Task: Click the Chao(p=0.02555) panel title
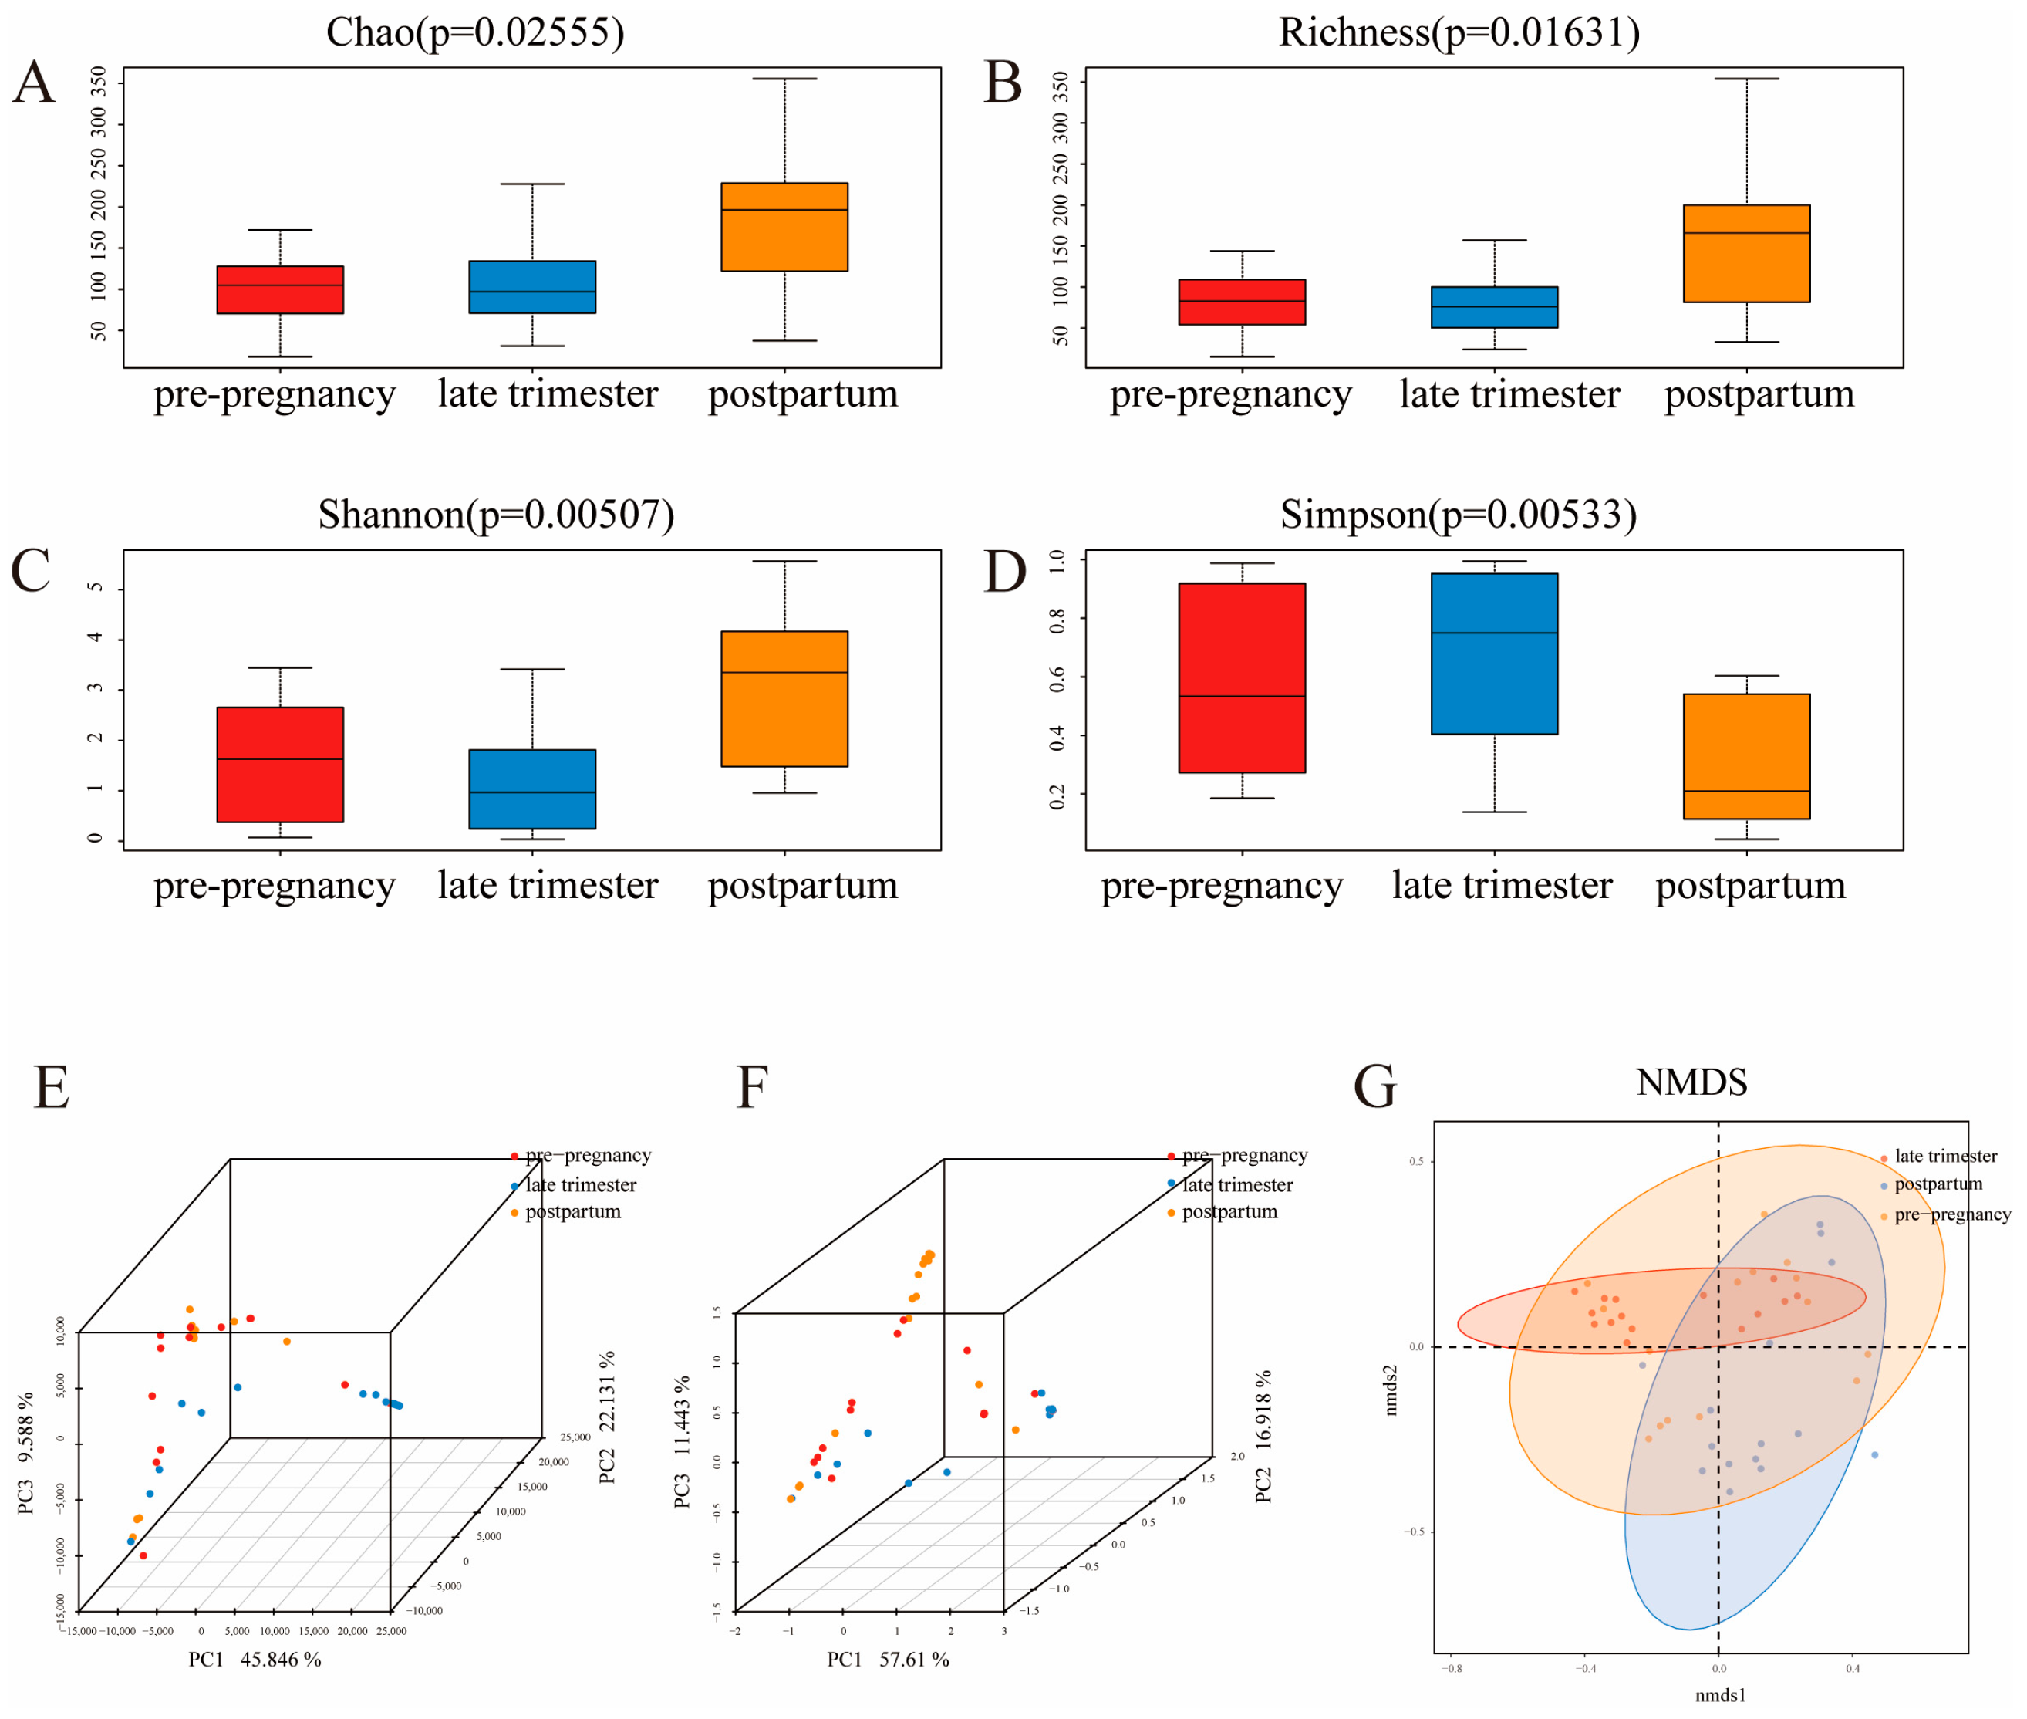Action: [474, 32]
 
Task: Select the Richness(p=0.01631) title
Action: [1458, 32]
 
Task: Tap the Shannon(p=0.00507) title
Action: [496, 515]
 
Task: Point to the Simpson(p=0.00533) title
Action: [1457, 515]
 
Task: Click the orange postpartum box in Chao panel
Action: [784, 227]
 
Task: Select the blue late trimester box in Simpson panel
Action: [1493, 653]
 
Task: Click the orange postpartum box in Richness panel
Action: [1745, 253]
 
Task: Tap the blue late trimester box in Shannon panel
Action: [532, 789]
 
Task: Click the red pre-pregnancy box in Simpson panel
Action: [1241, 677]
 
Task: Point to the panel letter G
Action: [1374, 1086]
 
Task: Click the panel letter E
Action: [52, 1086]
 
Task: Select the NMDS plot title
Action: [1691, 1082]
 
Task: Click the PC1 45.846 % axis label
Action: [255, 1660]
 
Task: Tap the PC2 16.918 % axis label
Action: [1263, 1437]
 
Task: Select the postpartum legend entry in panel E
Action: [572, 1212]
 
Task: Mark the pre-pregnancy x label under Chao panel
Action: [274, 393]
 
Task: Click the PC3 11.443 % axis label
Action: [682, 1442]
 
